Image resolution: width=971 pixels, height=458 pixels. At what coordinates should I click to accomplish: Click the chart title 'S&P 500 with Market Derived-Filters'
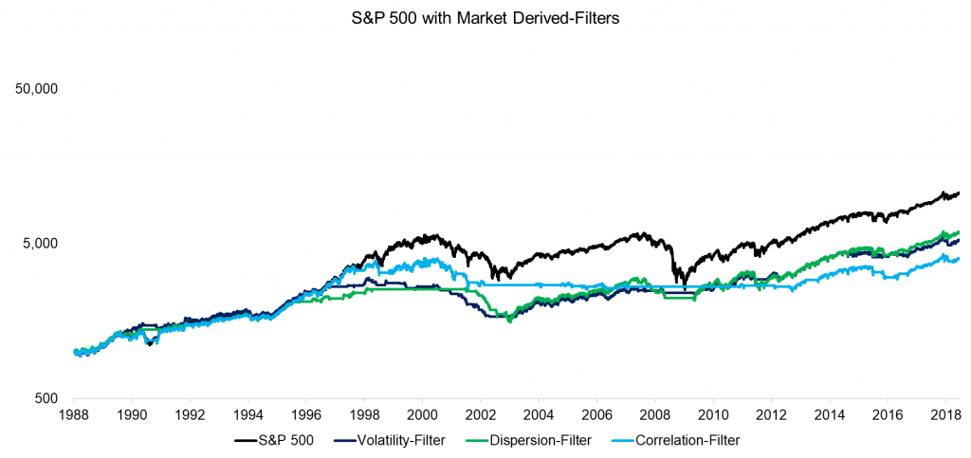485,17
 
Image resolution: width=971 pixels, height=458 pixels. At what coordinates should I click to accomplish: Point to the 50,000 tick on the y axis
39,88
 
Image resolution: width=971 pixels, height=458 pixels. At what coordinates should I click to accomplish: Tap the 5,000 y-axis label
43,243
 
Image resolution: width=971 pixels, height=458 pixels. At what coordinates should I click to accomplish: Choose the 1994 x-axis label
247,414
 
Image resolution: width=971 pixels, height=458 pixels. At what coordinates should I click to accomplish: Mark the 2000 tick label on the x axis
422,414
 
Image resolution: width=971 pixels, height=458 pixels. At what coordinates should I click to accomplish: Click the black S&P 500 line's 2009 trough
685,284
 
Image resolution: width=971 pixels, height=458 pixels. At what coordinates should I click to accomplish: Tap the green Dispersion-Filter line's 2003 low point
510,321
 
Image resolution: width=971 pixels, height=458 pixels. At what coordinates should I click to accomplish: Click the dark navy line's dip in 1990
149,344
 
